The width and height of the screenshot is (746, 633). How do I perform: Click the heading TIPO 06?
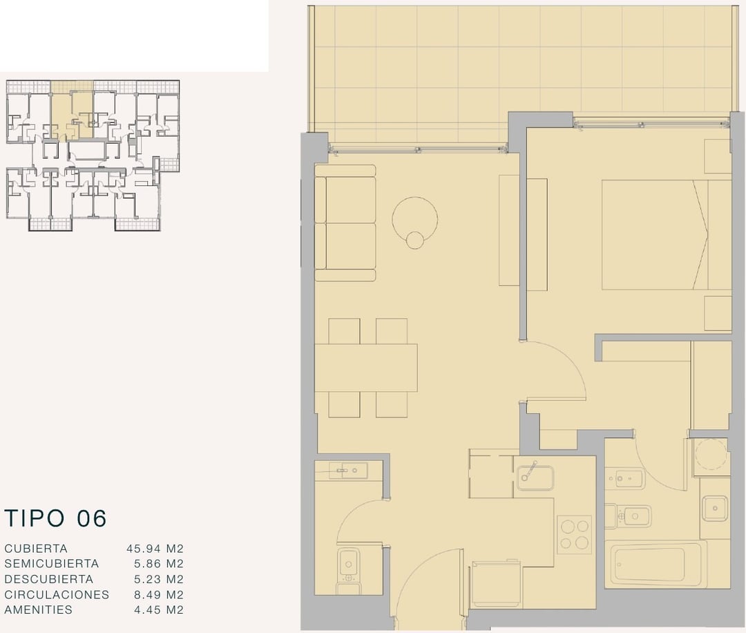(55, 518)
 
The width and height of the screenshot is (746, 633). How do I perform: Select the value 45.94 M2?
(155, 548)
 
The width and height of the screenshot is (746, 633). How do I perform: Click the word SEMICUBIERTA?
(51, 563)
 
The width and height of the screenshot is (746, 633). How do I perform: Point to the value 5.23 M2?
(158, 579)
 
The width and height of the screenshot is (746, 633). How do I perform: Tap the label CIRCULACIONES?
(57, 594)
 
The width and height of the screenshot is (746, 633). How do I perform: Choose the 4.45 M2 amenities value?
(158, 610)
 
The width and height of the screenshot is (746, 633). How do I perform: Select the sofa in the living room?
(345, 223)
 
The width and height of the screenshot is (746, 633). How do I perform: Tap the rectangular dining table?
(366, 368)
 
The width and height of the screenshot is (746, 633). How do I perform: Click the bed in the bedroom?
(666, 234)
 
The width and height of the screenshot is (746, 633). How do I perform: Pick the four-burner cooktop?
(574, 534)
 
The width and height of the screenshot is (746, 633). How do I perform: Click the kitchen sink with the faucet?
(535, 476)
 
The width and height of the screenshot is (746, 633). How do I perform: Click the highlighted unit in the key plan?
(72, 115)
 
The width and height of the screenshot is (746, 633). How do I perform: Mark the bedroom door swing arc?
(571, 361)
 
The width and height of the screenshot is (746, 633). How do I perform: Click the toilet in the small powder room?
(347, 570)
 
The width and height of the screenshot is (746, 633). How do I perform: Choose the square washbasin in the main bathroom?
(715, 509)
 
